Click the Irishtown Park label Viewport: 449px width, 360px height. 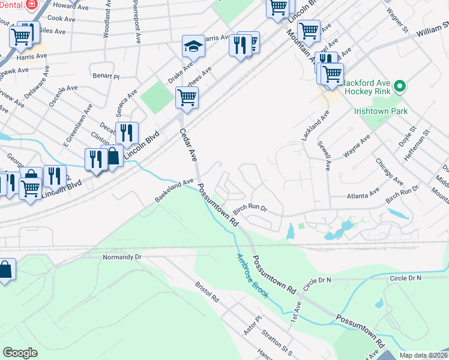(381, 111)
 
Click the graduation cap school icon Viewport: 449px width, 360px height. (193, 47)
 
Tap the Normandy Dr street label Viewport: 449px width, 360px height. (122, 256)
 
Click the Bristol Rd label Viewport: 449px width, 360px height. (207, 294)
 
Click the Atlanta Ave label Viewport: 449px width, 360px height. (364, 195)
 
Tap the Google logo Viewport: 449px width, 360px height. (20, 352)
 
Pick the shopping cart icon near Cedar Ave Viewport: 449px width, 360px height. (187, 97)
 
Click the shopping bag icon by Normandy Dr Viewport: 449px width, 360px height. (5, 271)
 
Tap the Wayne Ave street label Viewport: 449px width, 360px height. (357, 146)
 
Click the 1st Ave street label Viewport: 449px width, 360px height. (297, 310)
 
